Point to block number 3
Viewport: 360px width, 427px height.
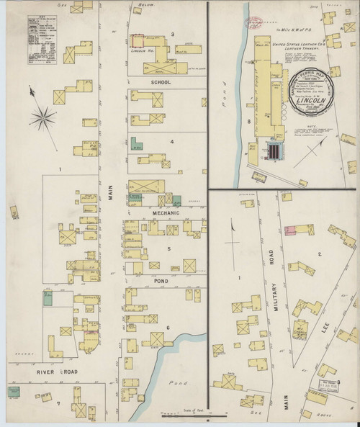(x=173, y=34)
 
